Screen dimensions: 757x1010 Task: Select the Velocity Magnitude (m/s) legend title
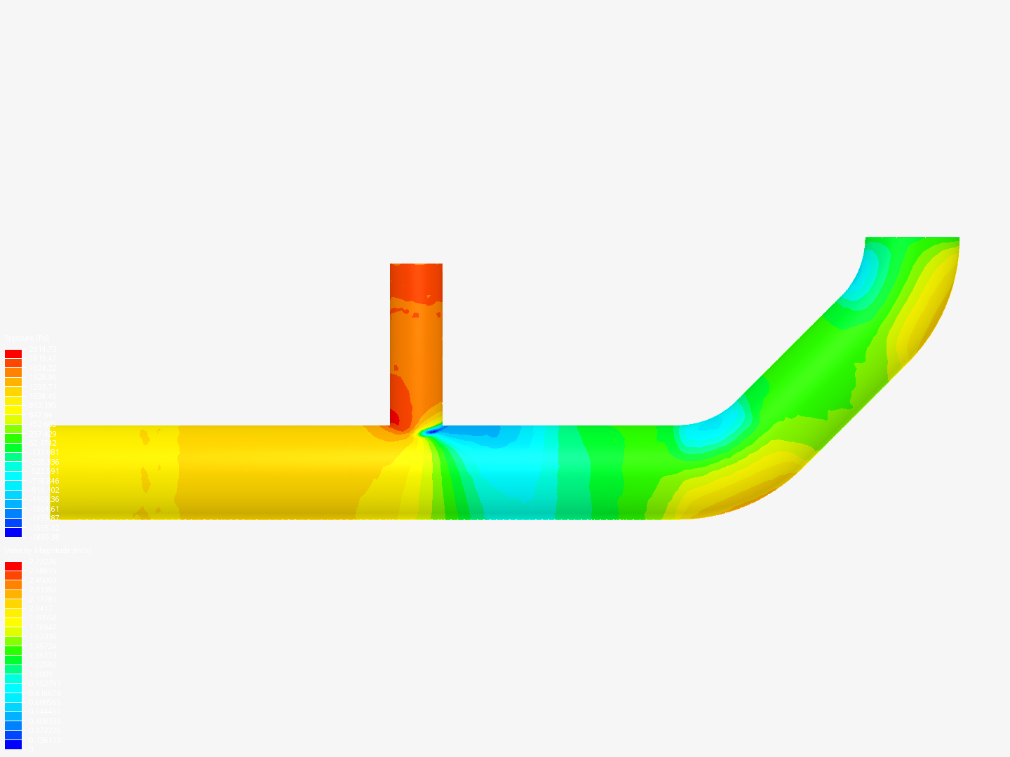(x=48, y=551)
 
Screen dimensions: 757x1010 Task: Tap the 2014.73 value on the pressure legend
(x=42, y=349)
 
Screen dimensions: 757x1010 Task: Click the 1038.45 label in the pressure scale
(x=42, y=396)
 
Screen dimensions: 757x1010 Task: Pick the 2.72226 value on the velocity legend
(x=42, y=561)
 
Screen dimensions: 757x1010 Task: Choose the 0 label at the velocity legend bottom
(x=29, y=749)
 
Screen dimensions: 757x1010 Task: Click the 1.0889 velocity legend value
(x=41, y=674)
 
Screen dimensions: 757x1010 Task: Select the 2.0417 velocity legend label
(x=41, y=608)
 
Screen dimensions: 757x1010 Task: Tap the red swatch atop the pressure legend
(x=13, y=354)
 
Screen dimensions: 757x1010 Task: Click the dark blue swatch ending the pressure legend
(x=13, y=532)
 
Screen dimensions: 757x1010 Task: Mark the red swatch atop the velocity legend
(x=13, y=566)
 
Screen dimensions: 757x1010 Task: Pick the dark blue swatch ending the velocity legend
(x=13, y=744)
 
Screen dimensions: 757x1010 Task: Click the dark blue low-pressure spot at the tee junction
(x=429, y=432)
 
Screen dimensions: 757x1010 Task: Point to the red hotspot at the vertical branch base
(x=394, y=418)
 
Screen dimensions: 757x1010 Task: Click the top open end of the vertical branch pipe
(x=416, y=265)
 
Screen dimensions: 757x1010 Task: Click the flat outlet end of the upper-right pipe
(x=912, y=238)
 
